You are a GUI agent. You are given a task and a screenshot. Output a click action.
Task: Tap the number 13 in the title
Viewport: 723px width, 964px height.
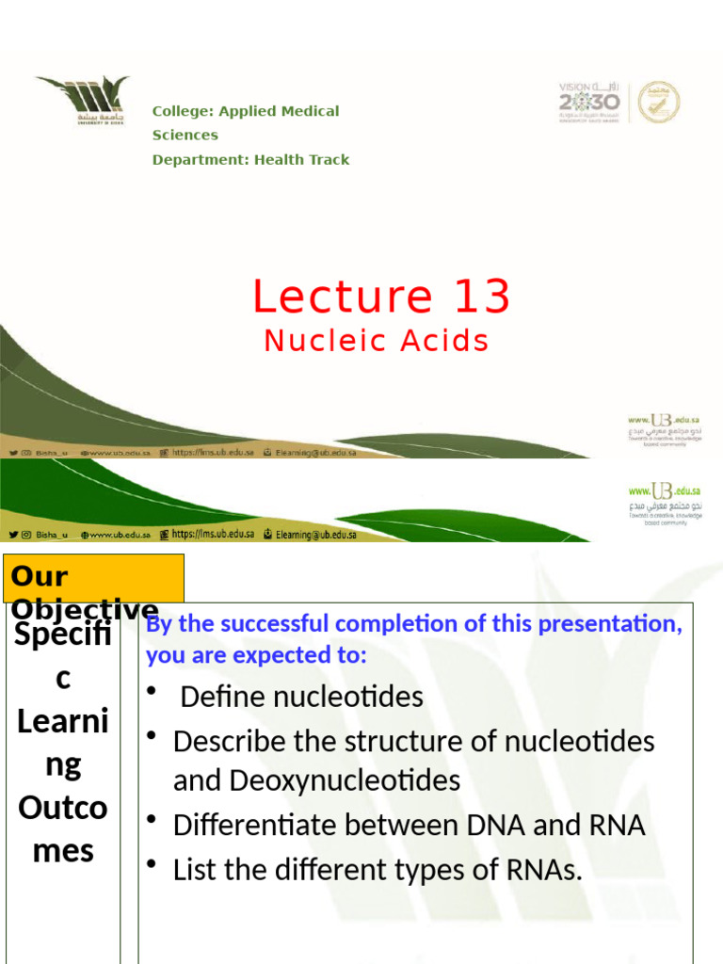pyautogui.click(x=481, y=297)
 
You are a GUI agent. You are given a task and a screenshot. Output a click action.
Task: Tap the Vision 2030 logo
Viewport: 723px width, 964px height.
pyautogui.click(x=589, y=102)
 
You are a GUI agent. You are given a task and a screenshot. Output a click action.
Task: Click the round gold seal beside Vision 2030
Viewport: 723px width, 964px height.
pyautogui.click(x=658, y=102)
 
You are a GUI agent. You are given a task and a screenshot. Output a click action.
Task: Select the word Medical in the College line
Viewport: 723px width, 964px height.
pyautogui.click(x=308, y=111)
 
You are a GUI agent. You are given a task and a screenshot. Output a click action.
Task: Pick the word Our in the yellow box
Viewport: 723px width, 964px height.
pyautogui.click(x=40, y=575)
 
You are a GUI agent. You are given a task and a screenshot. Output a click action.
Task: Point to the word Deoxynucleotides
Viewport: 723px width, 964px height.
pyautogui.click(x=316, y=780)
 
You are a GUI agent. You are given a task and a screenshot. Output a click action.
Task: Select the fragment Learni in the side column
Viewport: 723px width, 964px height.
pyautogui.click(x=62, y=723)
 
